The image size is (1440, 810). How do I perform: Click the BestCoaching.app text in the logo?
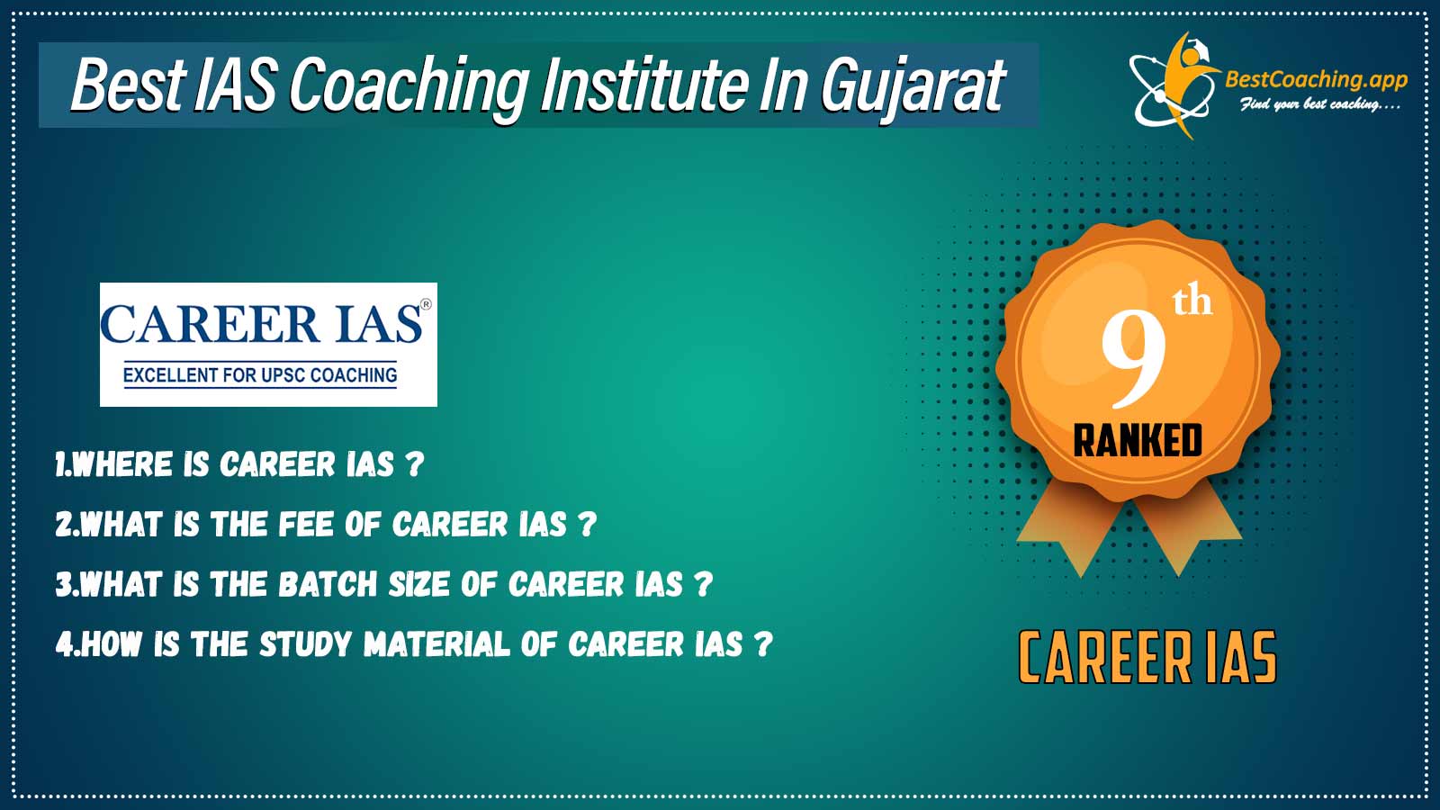pyautogui.click(x=1316, y=79)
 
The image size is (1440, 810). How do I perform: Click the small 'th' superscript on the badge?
pyautogui.click(x=1192, y=302)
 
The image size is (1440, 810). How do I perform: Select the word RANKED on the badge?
pyautogui.click(x=1138, y=440)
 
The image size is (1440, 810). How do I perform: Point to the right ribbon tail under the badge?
pyautogui.click(x=1187, y=534)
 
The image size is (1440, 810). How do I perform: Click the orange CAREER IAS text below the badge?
pyautogui.click(x=1147, y=658)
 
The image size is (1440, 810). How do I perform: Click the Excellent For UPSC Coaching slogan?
pyautogui.click(x=260, y=375)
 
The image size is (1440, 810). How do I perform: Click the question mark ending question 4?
pyautogui.click(x=763, y=644)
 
